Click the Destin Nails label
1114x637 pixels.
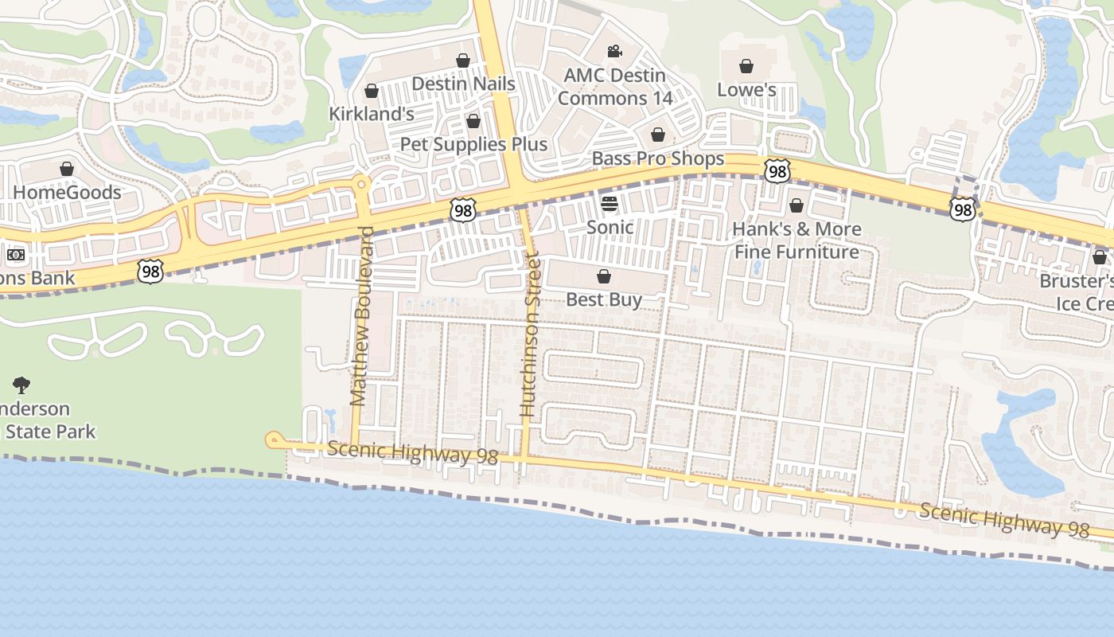[x=463, y=84]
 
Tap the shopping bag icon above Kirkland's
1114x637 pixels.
[x=371, y=92]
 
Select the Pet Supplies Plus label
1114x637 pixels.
[x=473, y=144]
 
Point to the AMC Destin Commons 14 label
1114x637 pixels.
[x=614, y=87]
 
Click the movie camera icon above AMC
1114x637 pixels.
[x=614, y=52]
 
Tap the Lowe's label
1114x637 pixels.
[x=746, y=89]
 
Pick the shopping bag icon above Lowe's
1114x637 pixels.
[x=746, y=66]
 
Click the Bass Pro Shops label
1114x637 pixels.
[x=658, y=158]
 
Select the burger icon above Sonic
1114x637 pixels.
[x=610, y=204]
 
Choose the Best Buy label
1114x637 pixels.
[x=604, y=299]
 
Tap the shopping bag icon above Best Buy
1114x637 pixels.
[x=604, y=277]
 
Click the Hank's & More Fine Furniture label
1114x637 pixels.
[x=797, y=240]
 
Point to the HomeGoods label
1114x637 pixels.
[x=67, y=192]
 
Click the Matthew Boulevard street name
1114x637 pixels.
[x=362, y=316]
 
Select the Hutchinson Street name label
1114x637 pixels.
[x=529, y=334]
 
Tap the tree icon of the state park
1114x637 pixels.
[x=21, y=386]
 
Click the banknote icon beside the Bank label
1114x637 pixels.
[x=15, y=256]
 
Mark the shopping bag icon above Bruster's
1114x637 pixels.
[x=1100, y=257]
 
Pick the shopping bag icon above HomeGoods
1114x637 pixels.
[x=67, y=169]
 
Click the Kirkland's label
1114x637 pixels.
[x=372, y=114]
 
